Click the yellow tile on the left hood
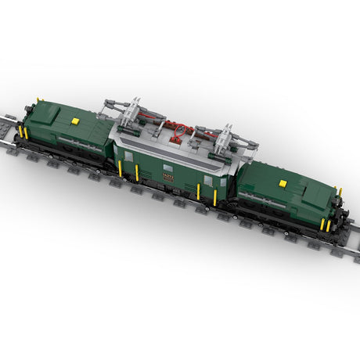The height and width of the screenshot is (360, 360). [x=75, y=121]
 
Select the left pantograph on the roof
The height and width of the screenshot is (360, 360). [x=135, y=110]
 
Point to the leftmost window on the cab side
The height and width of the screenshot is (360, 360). [x=128, y=157]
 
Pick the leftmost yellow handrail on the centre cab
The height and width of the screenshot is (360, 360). [x=120, y=168]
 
